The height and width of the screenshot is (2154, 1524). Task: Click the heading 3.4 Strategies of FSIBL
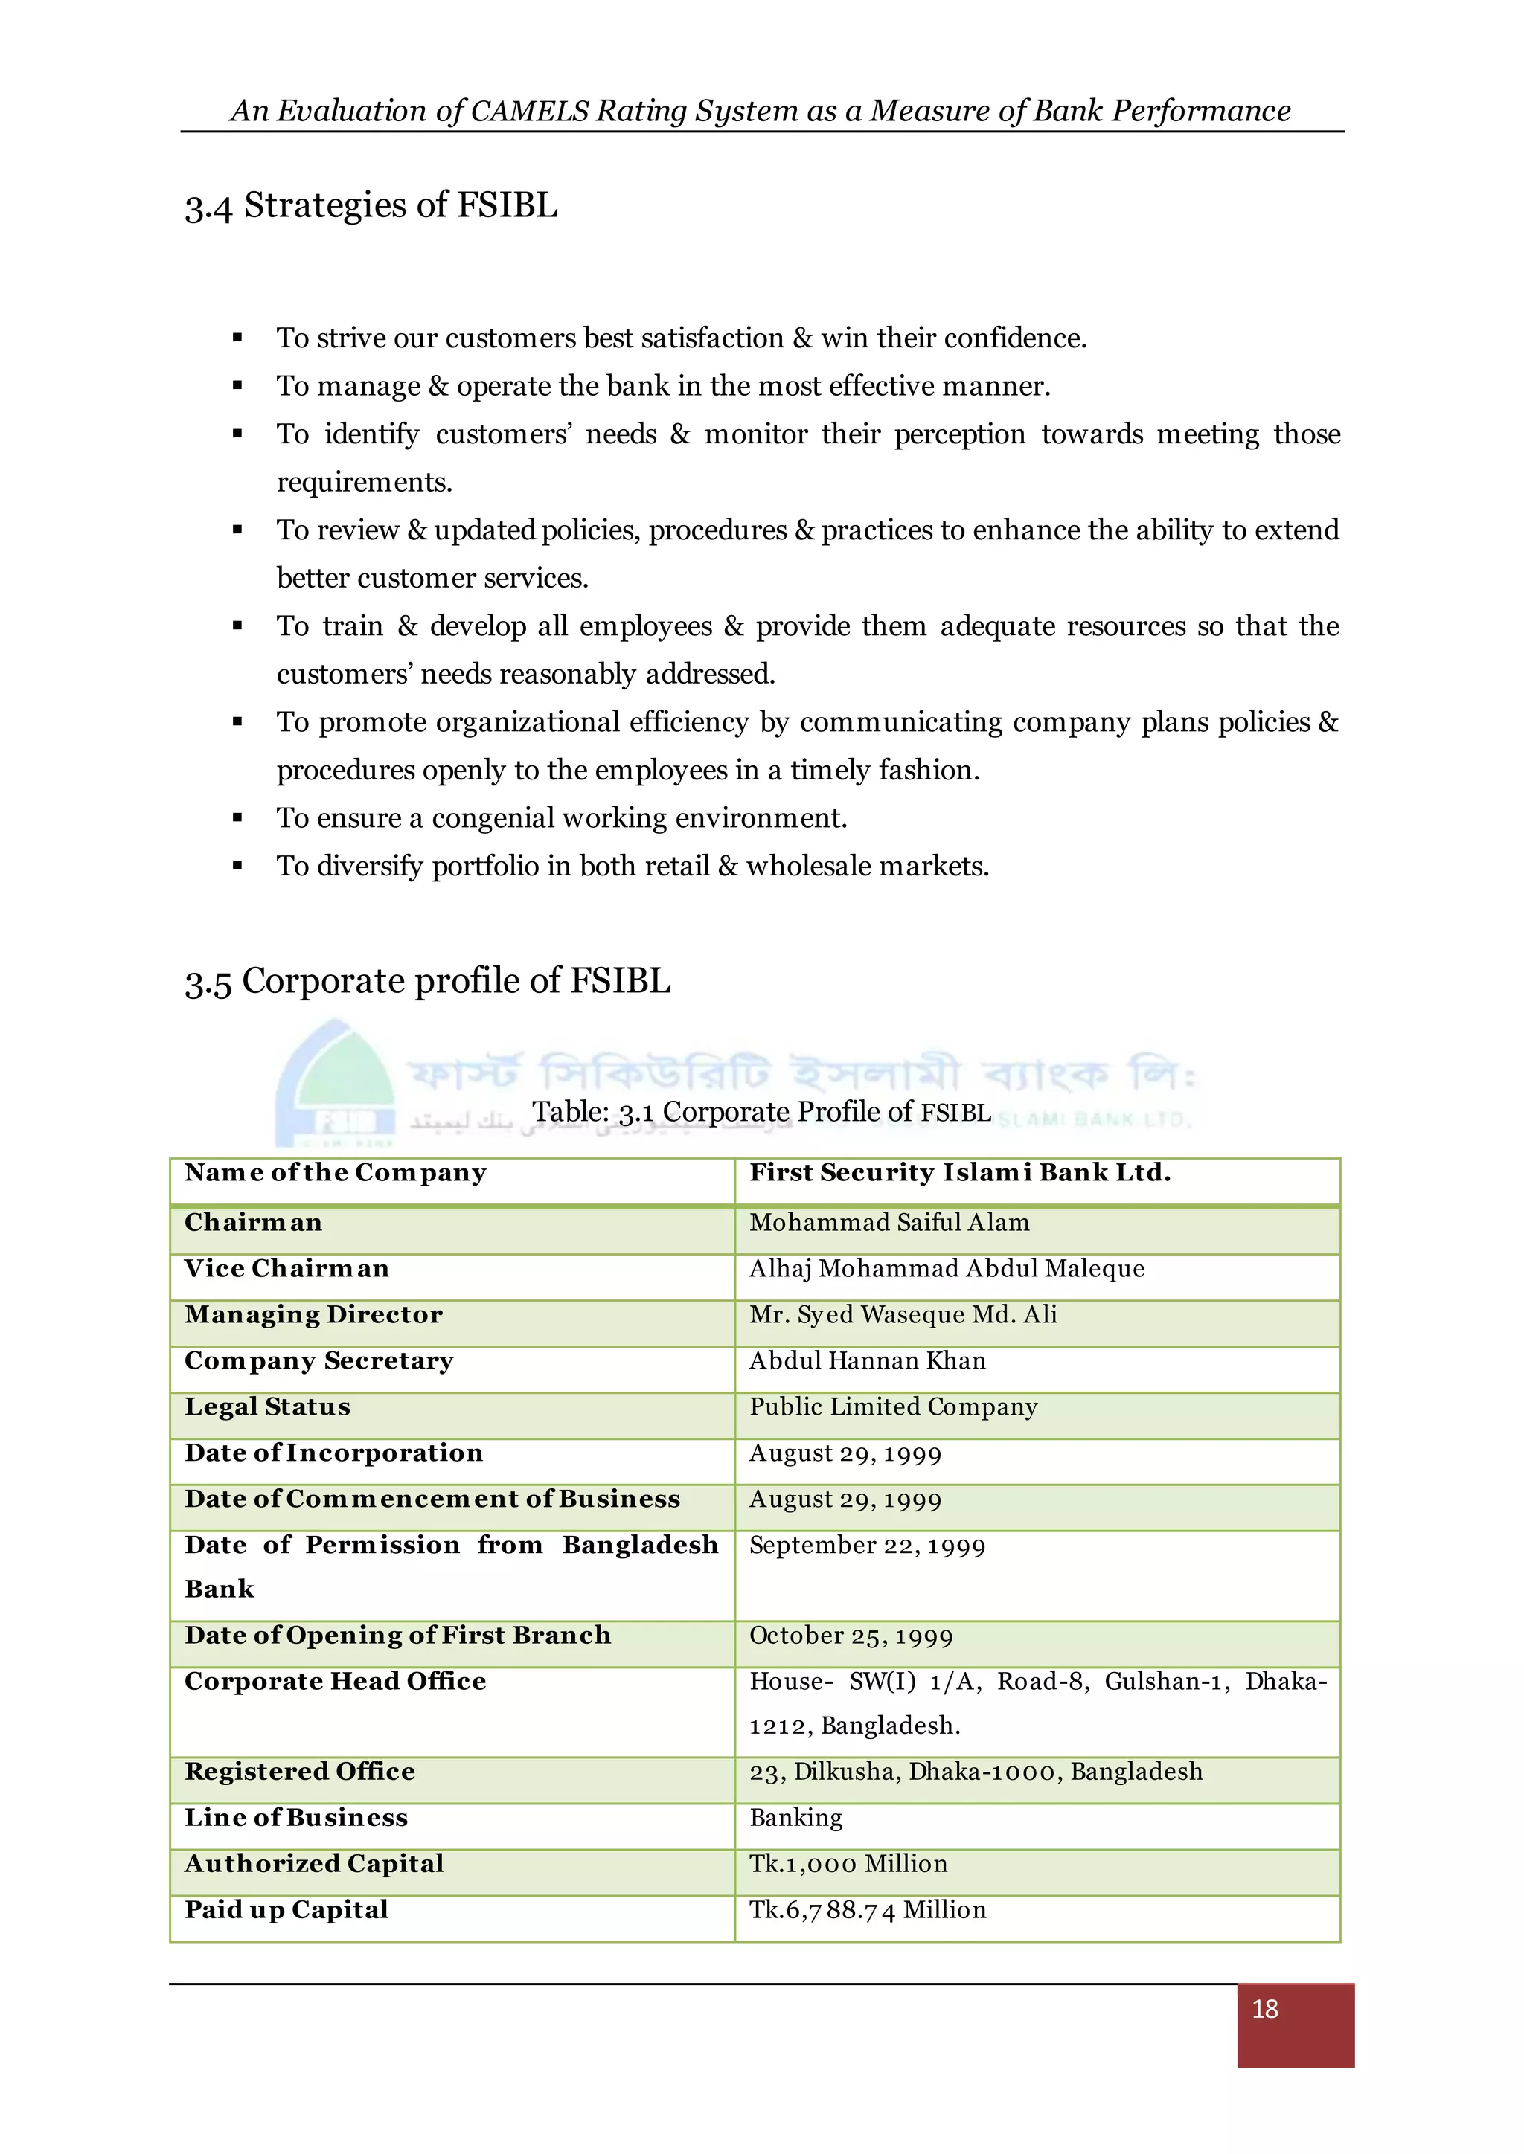point(371,205)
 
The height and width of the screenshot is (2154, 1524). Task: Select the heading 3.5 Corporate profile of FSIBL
point(427,981)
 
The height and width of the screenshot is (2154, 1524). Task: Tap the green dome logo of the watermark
point(335,1084)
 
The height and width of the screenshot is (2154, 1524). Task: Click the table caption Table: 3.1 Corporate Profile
point(761,1112)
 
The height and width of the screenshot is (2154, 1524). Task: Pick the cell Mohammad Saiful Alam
point(889,1223)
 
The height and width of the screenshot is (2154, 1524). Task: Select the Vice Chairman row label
point(286,1268)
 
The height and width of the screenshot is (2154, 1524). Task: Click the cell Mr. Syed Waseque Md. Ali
point(903,1314)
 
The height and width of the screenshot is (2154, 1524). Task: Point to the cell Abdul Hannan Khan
point(867,1360)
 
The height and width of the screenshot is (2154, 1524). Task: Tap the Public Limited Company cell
point(892,1406)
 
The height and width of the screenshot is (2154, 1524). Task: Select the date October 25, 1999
point(851,1636)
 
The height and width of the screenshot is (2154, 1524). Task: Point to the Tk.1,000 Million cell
point(848,1863)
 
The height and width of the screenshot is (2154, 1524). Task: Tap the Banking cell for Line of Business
point(795,1817)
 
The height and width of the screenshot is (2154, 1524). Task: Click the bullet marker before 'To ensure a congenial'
point(237,819)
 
